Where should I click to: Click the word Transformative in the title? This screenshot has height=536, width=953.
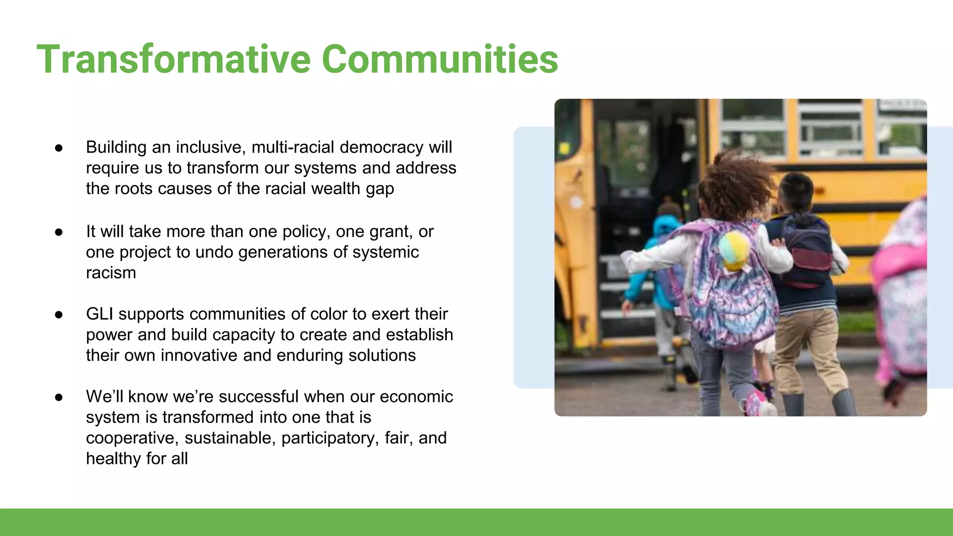coord(174,59)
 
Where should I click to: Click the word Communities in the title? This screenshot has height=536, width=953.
coord(440,59)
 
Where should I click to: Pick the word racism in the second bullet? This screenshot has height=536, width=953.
coord(111,273)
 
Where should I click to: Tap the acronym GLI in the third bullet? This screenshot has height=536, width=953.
coord(100,314)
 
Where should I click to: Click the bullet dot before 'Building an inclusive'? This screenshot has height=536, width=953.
coord(59,148)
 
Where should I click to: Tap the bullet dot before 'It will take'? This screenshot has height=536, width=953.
coord(59,232)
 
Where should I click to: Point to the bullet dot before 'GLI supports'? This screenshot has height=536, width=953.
coord(59,315)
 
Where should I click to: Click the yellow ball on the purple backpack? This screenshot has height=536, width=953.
coord(734,250)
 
